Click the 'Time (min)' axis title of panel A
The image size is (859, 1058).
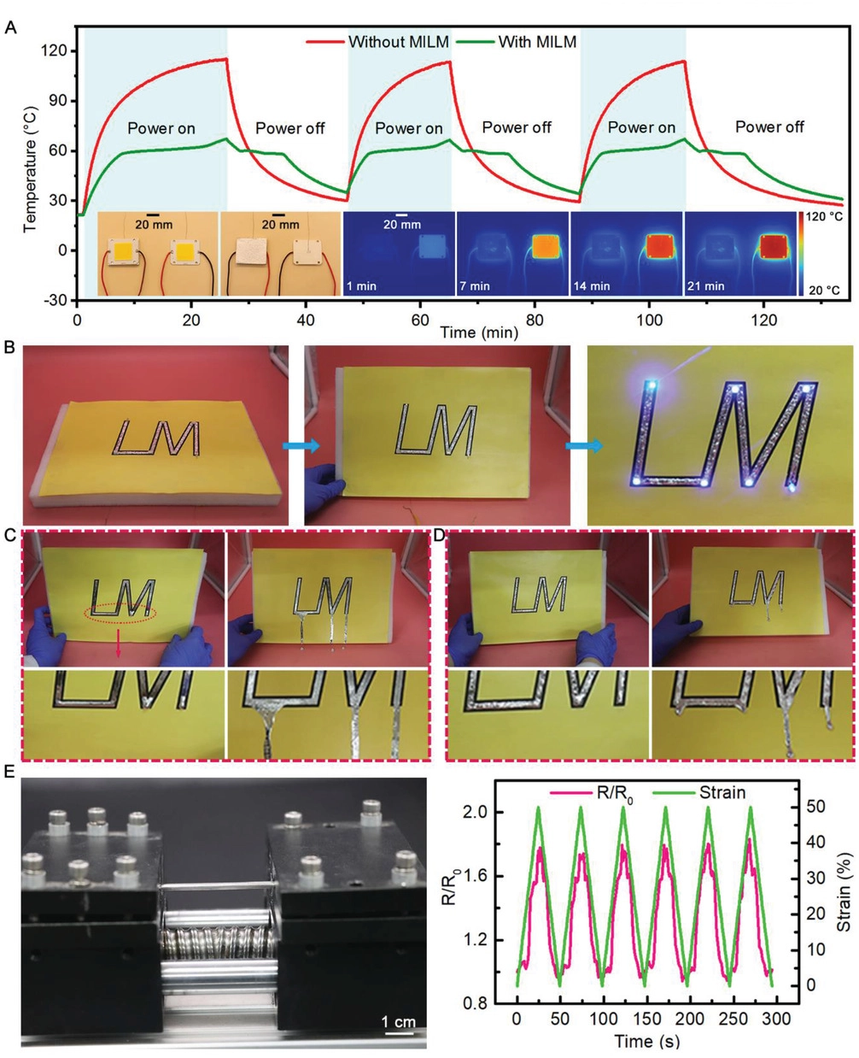point(479,332)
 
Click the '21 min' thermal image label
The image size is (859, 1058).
point(706,286)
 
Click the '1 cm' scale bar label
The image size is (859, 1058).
point(398,1022)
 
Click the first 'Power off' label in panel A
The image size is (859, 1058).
point(290,129)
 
